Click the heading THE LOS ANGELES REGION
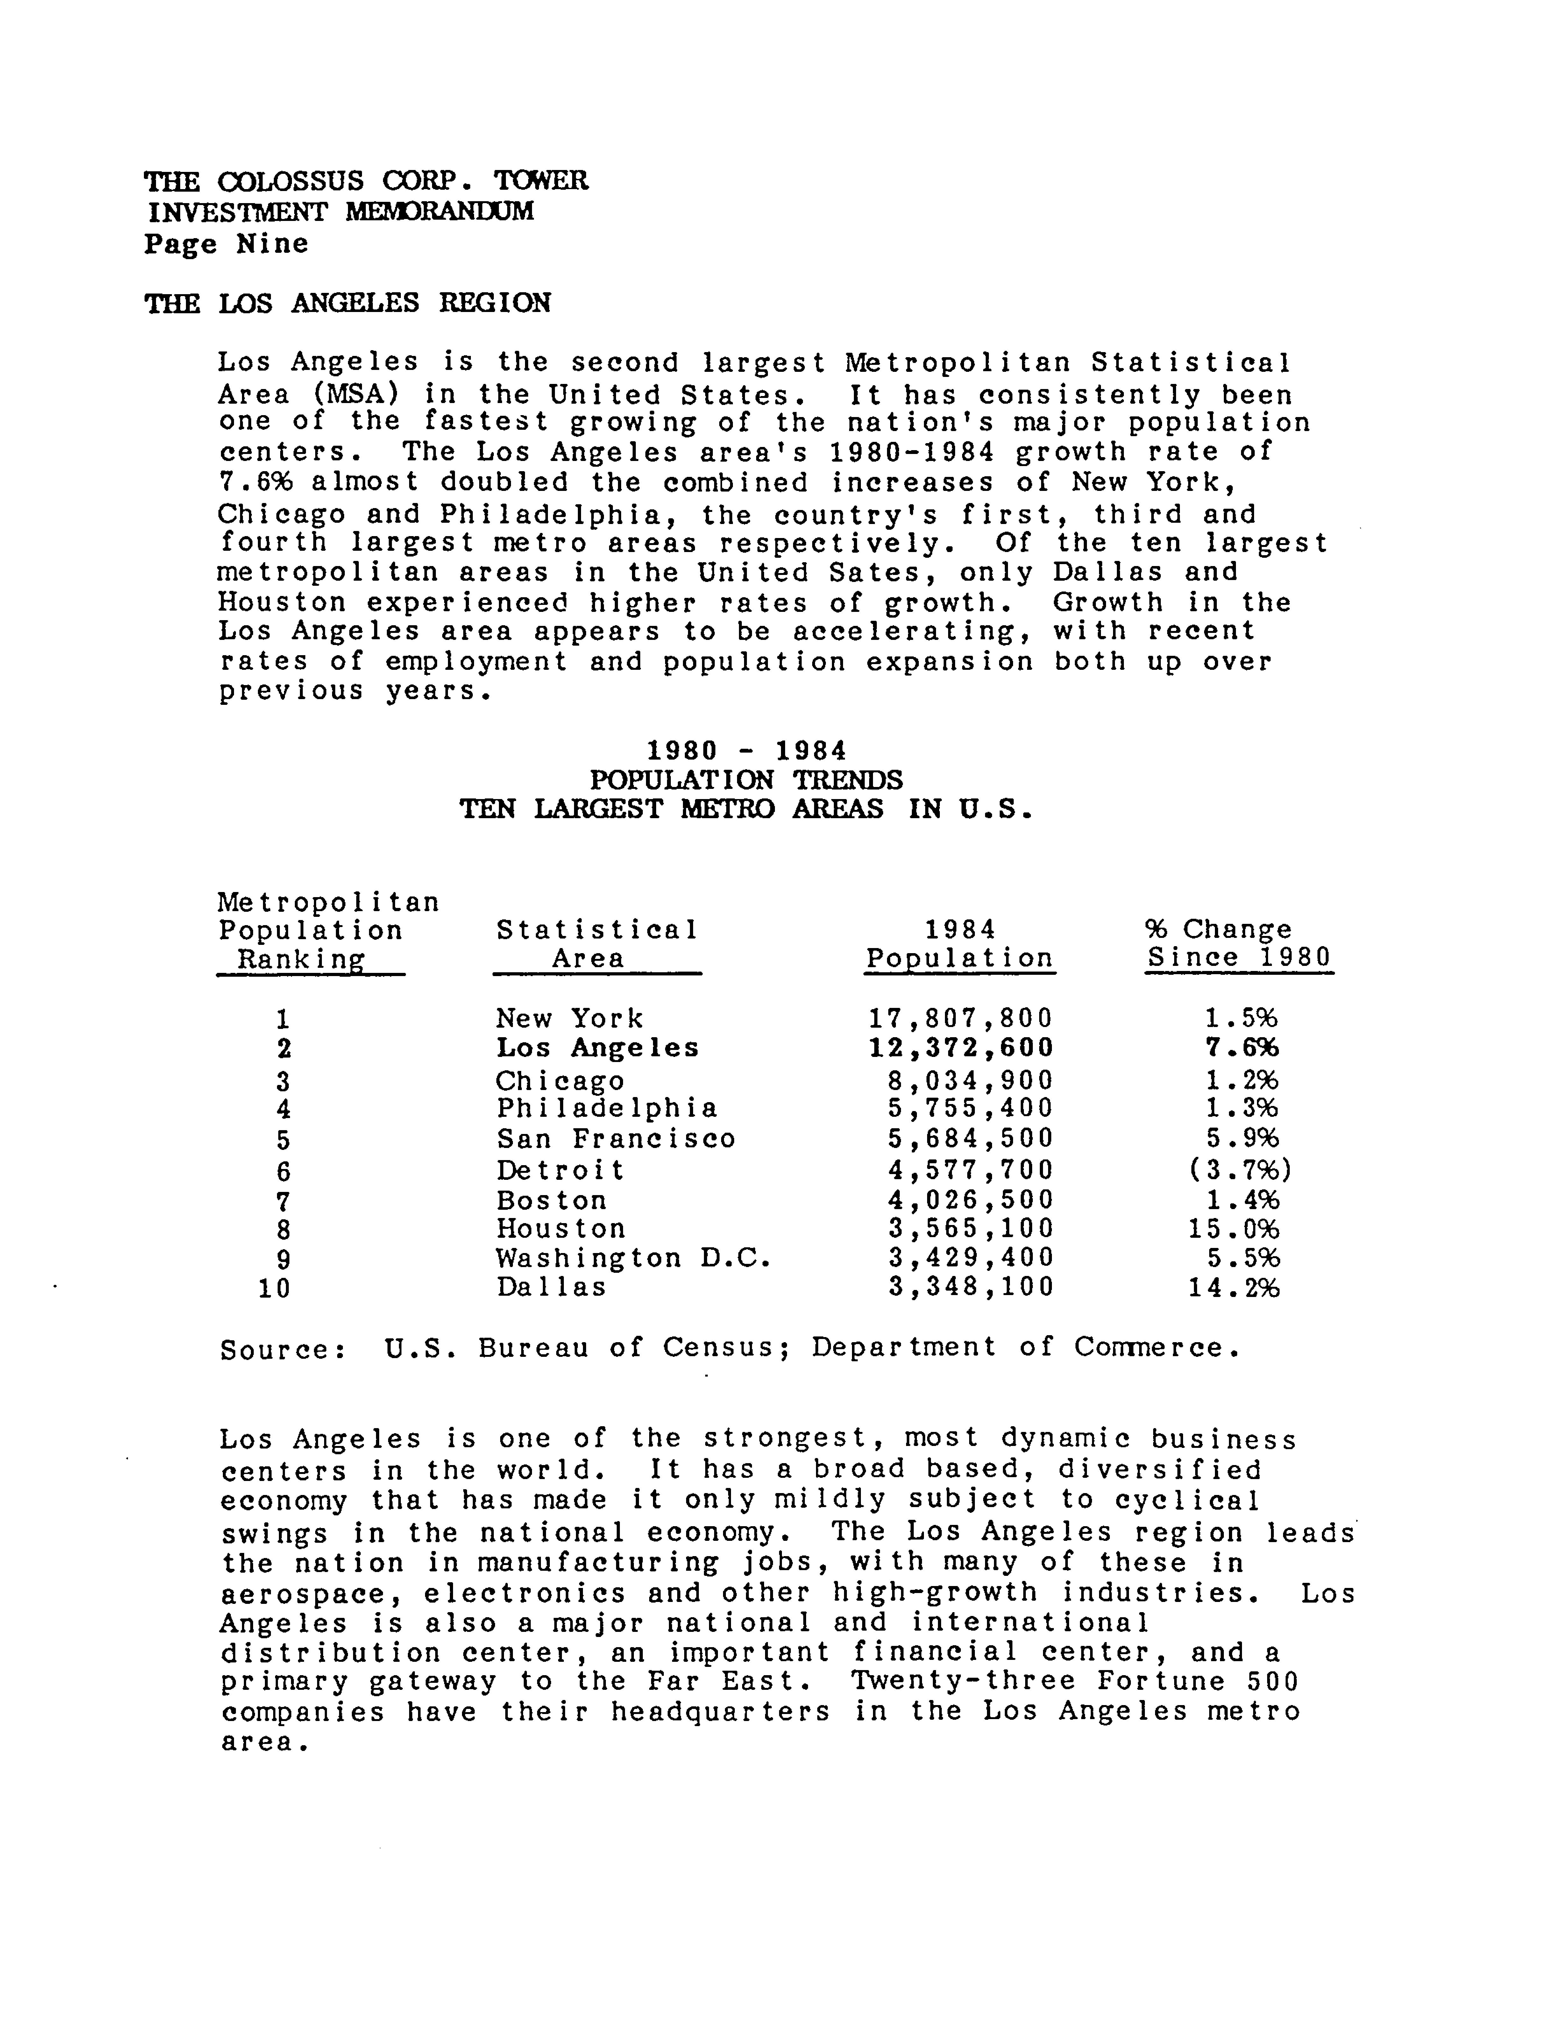point(347,303)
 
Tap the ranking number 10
point(274,1289)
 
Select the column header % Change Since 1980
point(1238,944)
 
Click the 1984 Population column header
point(960,944)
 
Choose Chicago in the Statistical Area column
point(560,1081)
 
